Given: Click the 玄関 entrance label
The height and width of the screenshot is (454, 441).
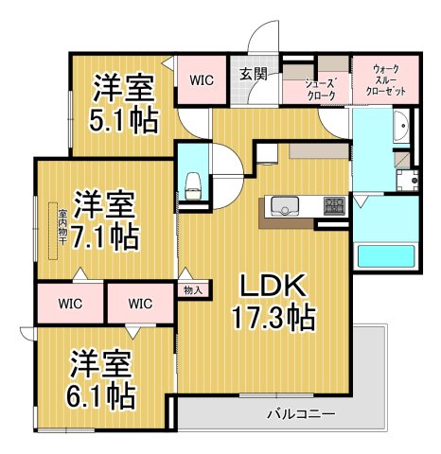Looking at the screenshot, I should (x=251, y=76).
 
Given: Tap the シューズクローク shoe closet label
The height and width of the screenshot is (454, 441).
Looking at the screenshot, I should (x=319, y=89).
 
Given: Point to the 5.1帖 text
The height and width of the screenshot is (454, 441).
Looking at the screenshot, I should (x=124, y=120).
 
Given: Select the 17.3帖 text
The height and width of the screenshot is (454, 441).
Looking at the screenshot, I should (x=272, y=314).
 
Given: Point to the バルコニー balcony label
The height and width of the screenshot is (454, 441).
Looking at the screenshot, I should (x=301, y=413).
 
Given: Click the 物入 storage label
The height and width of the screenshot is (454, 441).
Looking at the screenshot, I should (x=193, y=290).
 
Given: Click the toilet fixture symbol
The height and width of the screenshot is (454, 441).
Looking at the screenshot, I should (x=193, y=182).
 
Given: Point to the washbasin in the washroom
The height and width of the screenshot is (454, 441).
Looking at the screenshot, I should (x=400, y=127).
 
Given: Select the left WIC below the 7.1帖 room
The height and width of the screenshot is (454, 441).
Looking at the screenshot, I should (x=67, y=305).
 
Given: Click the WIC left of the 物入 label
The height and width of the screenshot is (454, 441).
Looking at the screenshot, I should (x=140, y=305).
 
